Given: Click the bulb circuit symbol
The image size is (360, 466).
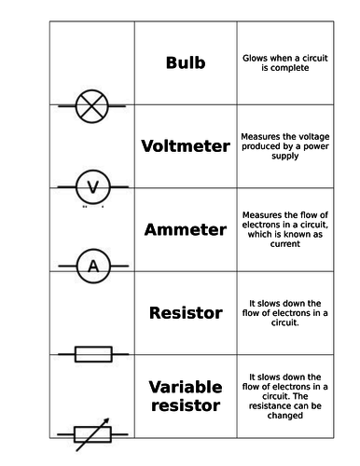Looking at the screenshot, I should pyautogui.click(x=91, y=105).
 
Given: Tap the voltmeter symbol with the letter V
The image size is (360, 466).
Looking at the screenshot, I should pyautogui.click(x=91, y=187).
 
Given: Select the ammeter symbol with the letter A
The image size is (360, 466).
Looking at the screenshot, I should pyautogui.click(x=92, y=268).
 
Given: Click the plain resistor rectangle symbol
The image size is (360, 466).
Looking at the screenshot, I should pyautogui.click(x=92, y=353).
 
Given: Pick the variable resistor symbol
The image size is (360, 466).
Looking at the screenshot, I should pyautogui.click(x=92, y=433).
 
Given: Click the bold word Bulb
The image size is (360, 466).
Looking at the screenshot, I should pyautogui.click(x=185, y=63).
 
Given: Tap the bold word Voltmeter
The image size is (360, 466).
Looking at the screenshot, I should pyautogui.click(x=185, y=146).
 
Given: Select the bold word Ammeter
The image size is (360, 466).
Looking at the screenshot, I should pyautogui.click(x=185, y=229).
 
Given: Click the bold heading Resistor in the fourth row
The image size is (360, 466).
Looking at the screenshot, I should pyautogui.click(x=186, y=313).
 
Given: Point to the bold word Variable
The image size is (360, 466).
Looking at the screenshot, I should pyautogui.click(x=185, y=387).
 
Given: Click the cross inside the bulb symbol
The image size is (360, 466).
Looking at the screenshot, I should pyautogui.click(x=91, y=105).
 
